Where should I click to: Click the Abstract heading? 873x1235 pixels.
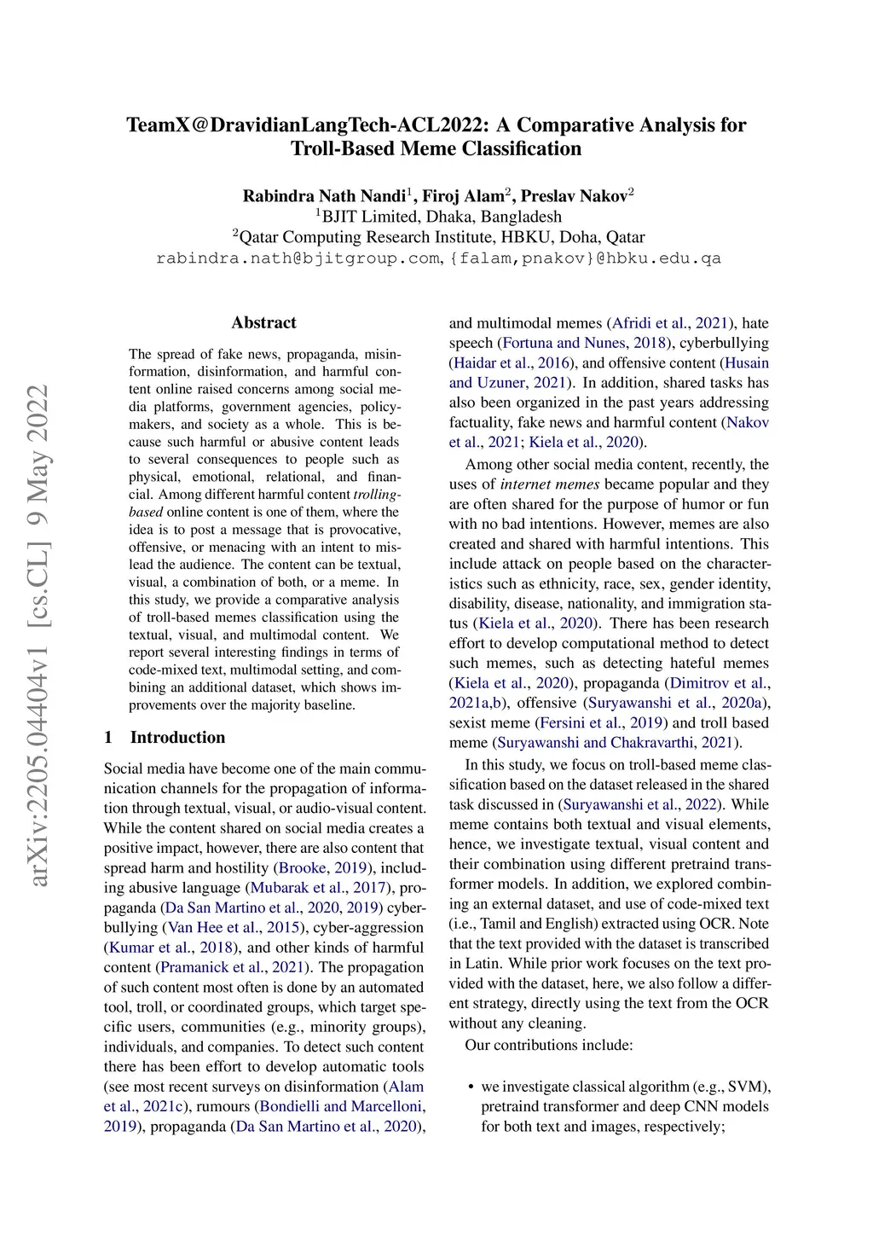click(x=263, y=322)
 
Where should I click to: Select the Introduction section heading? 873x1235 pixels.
click(x=177, y=737)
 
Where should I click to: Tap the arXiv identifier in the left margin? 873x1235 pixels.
click(x=38, y=635)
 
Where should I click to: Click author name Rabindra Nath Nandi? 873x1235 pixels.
click(x=324, y=196)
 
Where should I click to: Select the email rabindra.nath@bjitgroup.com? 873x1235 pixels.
click(x=298, y=258)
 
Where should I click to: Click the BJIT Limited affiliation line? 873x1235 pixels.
click(x=441, y=217)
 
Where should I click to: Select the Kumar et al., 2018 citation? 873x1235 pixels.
click(x=171, y=948)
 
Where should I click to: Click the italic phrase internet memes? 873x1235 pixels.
click(x=550, y=484)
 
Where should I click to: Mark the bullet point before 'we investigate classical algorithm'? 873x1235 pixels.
click(x=471, y=1087)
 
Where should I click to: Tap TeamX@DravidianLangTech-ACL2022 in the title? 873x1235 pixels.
click(x=307, y=125)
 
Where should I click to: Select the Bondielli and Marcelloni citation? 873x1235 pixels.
click(x=341, y=1106)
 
